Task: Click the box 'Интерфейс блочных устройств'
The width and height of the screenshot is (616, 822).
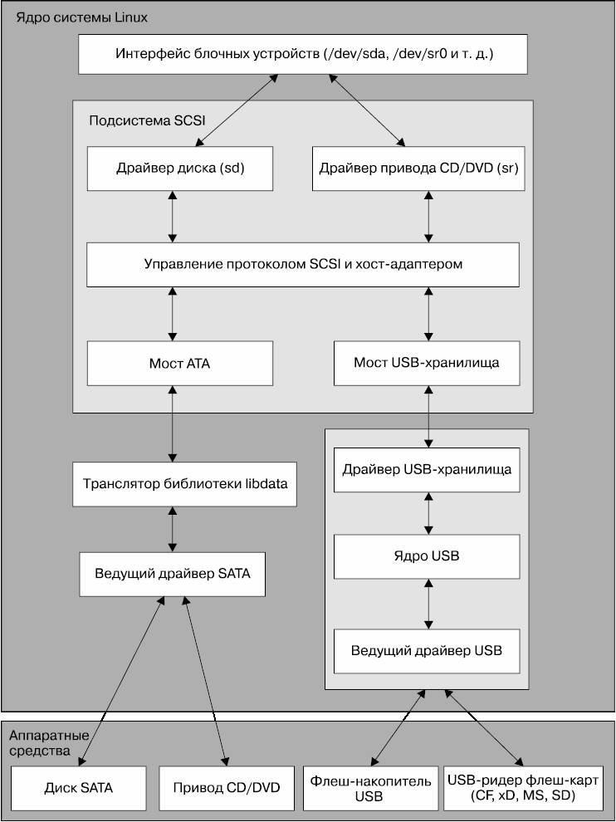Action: pyautogui.click(x=303, y=54)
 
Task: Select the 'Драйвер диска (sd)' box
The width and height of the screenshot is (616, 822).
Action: pyautogui.click(x=180, y=169)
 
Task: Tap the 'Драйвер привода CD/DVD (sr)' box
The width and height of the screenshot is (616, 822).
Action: pyautogui.click(x=418, y=169)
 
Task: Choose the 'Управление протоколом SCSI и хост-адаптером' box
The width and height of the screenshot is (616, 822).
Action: pyautogui.click(x=303, y=264)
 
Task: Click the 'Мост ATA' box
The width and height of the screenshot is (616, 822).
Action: pyautogui.click(x=180, y=364)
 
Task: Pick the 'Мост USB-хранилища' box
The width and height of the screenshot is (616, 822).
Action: pyautogui.click(x=427, y=364)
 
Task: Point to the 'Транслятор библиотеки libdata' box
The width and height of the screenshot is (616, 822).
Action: pyautogui.click(x=184, y=484)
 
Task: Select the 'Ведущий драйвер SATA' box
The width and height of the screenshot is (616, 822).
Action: pyautogui.click(x=173, y=574)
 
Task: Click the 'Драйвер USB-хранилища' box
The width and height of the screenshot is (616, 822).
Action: pyautogui.click(x=427, y=470)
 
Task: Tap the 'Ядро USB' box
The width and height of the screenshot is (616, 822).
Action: pyautogui.click(x=427, y=557)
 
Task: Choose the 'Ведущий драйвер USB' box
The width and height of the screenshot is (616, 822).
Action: pyautogui.click(x=427, y=651)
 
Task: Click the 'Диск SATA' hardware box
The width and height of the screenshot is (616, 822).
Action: pyautogui.click(x=79, y=788)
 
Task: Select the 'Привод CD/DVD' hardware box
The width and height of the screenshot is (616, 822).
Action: pyautogui.click(x=227, y=788)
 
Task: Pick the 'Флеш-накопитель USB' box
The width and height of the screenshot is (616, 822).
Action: pyautogui.click(x=370, y=788)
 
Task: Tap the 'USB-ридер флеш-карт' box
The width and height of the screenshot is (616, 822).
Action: pyautogui.click(x=523, y=788)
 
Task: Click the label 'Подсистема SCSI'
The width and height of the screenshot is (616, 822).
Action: pyautogui.click(x=147, y=120)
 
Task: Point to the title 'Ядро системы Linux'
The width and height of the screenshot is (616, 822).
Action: pyautogui.click(x=82, y=17)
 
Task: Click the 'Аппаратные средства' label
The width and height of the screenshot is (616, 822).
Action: pyautogui.click(x=49, y=743)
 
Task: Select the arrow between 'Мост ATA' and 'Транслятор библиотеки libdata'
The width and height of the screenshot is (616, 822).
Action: pyautogui.click(x=173, y=424)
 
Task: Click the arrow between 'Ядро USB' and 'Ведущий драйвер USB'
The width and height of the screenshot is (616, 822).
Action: pyautogui.click(x=428, y=604)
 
